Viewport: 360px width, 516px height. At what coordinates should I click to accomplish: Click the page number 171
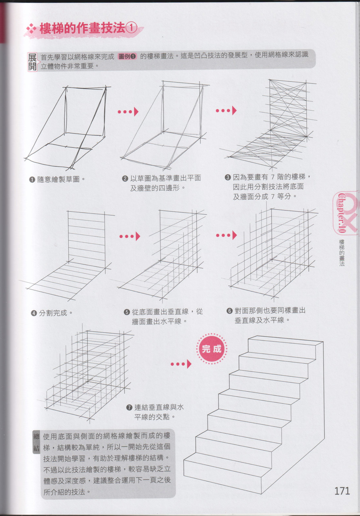(342, 491)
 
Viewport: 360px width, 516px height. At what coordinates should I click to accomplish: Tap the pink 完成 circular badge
(211, 349)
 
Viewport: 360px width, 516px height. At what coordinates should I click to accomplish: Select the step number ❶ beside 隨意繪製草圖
(32, 179)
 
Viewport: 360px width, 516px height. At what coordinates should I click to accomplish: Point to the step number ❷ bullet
(125, 178)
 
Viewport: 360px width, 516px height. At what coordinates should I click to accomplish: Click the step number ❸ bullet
(228, 177)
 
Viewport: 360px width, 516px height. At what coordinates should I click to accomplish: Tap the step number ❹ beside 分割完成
(34, 313)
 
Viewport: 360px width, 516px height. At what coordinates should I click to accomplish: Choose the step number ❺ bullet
(127, 312)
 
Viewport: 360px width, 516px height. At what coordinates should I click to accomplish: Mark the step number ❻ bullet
(229, 311)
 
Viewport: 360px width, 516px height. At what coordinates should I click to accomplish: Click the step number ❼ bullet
(129, 408)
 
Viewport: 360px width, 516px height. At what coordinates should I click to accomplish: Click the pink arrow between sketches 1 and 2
(128, 112)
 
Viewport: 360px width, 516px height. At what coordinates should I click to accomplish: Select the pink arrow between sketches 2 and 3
(226, 111)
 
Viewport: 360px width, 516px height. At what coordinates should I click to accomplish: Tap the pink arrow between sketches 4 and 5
(130, 236)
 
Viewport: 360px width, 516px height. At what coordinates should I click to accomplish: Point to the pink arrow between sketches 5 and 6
(226, 235)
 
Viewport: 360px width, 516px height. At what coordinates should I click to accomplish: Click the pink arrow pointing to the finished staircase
(181, 364)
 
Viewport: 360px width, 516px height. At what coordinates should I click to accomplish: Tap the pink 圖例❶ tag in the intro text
(127, 56)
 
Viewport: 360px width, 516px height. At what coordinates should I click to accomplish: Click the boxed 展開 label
(32, 62)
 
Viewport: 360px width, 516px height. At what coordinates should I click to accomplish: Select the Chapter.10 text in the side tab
(342, 213)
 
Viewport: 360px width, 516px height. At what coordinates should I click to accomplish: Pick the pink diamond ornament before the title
(31, 29)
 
